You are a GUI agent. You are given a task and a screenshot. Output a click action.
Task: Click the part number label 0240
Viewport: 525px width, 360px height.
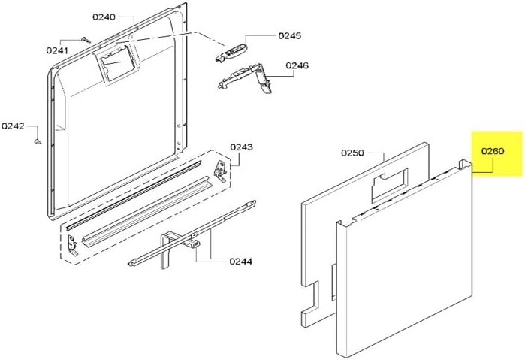tap(104, 17)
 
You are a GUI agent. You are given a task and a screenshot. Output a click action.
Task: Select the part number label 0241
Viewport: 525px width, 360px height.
tap(56, 51)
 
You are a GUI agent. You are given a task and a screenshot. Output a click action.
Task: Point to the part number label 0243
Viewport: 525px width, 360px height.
tap(240, 147)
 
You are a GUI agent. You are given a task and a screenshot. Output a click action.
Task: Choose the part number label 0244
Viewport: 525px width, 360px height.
tap(240, 262)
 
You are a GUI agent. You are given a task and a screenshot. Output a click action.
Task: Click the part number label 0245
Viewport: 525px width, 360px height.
tap(288, 35)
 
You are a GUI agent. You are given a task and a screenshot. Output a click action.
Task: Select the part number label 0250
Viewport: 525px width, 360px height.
tap(352, 153)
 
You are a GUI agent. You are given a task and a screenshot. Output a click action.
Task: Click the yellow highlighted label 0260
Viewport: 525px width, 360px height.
tap(493, 151)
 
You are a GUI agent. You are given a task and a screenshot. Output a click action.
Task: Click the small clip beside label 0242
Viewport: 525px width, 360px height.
tap(35, 137)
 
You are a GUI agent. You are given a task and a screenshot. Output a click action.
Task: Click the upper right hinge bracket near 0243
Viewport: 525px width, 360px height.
tap(220, 170)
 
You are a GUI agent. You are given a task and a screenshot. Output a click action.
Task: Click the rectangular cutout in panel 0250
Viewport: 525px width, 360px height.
tap(389, 180)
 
